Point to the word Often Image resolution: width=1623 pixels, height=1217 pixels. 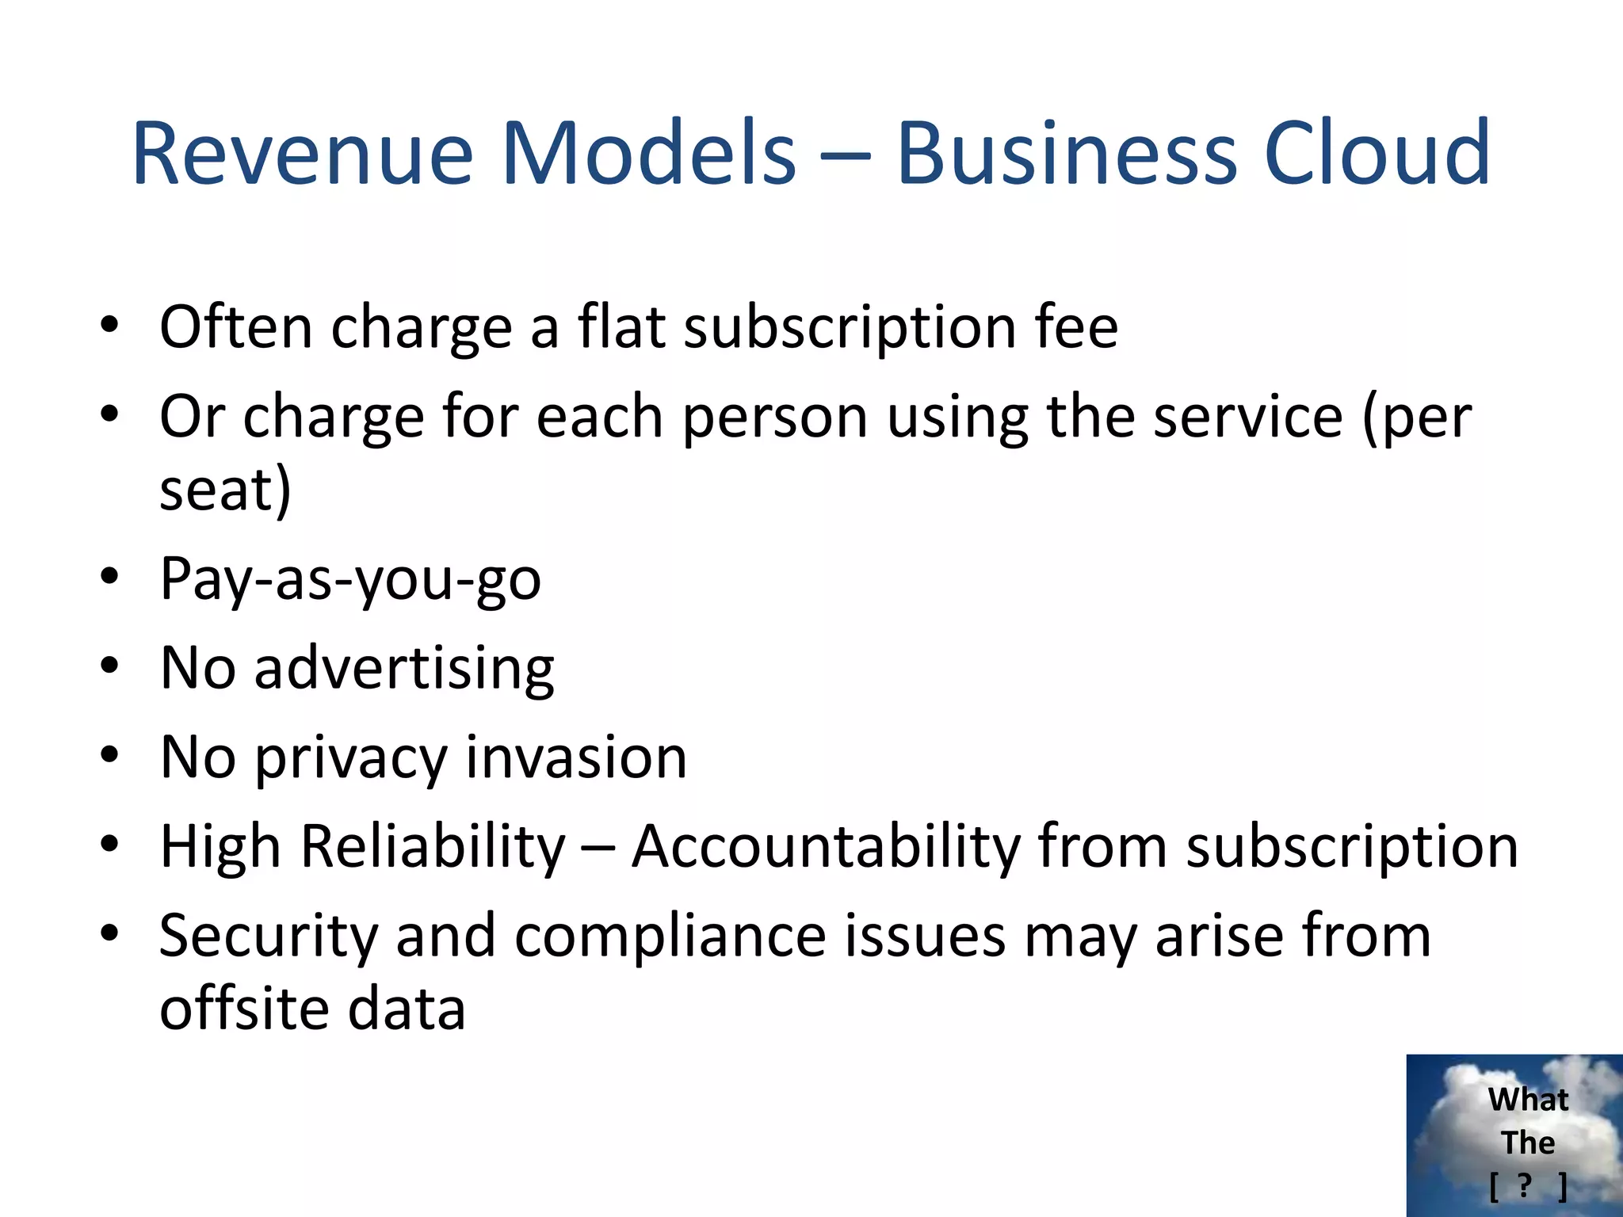coord(236,326)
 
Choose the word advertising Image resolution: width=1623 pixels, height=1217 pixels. coord(404,669)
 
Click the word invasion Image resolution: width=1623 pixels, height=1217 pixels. coord(576,757)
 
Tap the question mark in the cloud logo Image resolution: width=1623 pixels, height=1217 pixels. coord(1525,1185)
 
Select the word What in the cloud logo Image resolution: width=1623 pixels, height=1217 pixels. coord(1528,1100)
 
